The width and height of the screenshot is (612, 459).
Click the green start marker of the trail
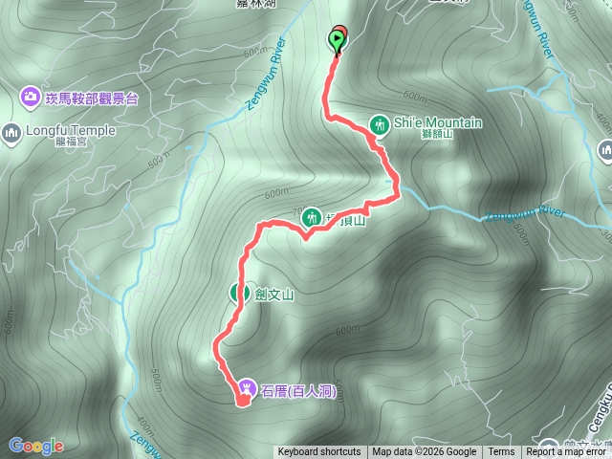pos(337,39)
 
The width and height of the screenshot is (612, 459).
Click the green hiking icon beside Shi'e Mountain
pos(380,123)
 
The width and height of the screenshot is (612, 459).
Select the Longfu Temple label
pos(72,131)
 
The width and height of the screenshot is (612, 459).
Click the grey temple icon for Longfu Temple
pos(12,131)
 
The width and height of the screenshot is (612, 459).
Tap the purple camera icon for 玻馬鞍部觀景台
pos(30,97)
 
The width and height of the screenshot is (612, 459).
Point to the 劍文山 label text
pos(273,295)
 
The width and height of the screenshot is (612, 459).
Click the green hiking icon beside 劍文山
pos(237,294)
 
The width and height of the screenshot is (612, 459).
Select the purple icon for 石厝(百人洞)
pos(247,386)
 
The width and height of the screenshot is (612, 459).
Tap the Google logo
pos(35,446)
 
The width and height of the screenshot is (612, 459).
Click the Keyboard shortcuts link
pos(319,452)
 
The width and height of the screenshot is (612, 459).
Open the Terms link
pos(501,452)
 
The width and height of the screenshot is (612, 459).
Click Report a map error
pos(567,452)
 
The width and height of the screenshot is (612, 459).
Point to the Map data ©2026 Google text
pos(424,452)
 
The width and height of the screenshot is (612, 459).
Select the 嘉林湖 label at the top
pos(255,4)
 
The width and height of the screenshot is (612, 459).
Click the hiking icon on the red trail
pos(310,218)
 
